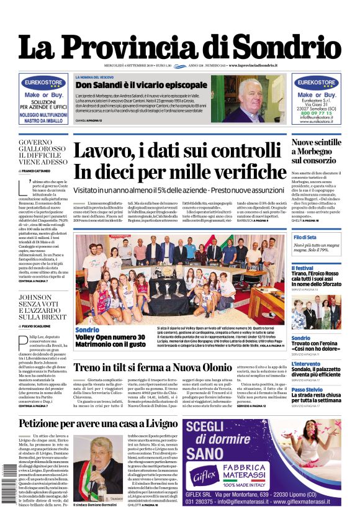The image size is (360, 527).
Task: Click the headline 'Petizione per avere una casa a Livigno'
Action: (x=98, y=424)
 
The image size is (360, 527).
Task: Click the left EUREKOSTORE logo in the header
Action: (x=43, y=81)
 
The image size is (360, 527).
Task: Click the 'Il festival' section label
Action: (x=303, y=268)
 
